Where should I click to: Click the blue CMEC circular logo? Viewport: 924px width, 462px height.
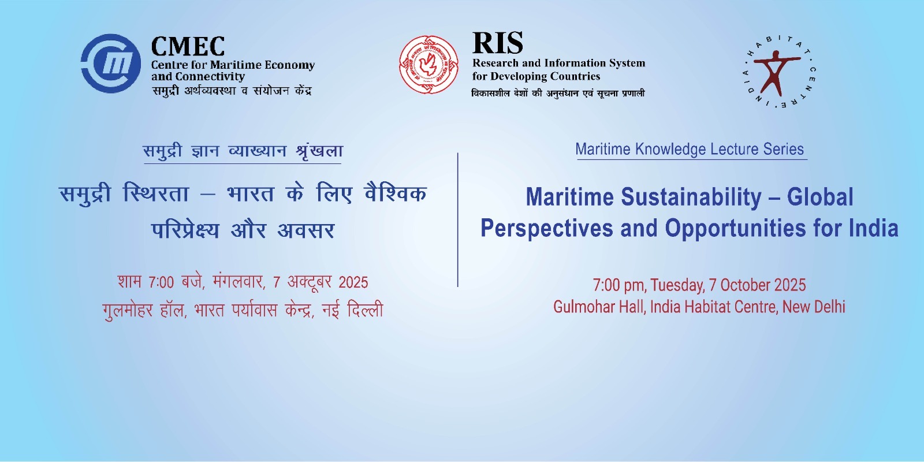110,64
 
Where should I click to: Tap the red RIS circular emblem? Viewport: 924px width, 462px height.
429,65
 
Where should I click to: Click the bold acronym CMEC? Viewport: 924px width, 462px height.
188,46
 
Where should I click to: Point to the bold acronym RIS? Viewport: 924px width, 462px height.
497,43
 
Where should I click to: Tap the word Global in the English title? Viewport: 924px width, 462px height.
820,197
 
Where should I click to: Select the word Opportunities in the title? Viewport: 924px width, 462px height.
735,228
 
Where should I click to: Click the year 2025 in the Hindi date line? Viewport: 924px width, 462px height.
353,282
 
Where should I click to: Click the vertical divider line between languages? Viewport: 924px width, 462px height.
458,220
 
